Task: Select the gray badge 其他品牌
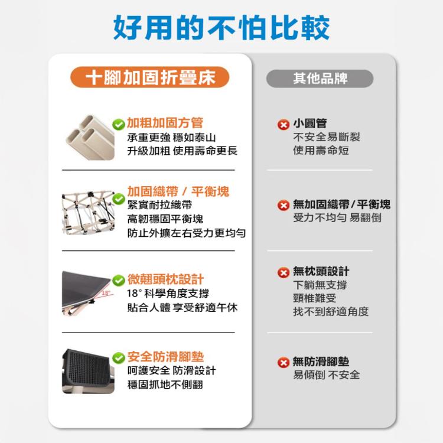320,79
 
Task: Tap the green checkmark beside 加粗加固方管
118,124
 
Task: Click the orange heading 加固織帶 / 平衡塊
178,191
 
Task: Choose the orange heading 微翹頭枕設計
166,279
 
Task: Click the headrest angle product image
87,293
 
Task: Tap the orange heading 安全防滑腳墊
166,357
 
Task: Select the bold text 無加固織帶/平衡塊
341,204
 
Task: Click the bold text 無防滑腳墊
321,361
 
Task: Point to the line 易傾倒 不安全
326,375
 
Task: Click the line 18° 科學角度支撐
168,294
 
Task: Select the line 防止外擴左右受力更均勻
187,233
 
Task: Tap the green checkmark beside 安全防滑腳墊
118,358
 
